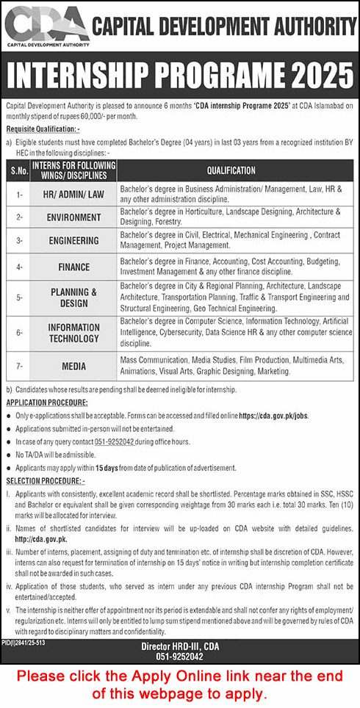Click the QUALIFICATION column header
pos(231,170)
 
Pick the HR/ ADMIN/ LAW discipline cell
pos(73,194)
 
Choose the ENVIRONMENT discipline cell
pos(73,217)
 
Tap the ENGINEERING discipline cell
pos(73,240)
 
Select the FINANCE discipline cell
pos(73,267)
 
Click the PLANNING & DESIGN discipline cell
pos(73,297)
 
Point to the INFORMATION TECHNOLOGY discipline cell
pos(73,333)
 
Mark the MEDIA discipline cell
pos(73,366)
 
